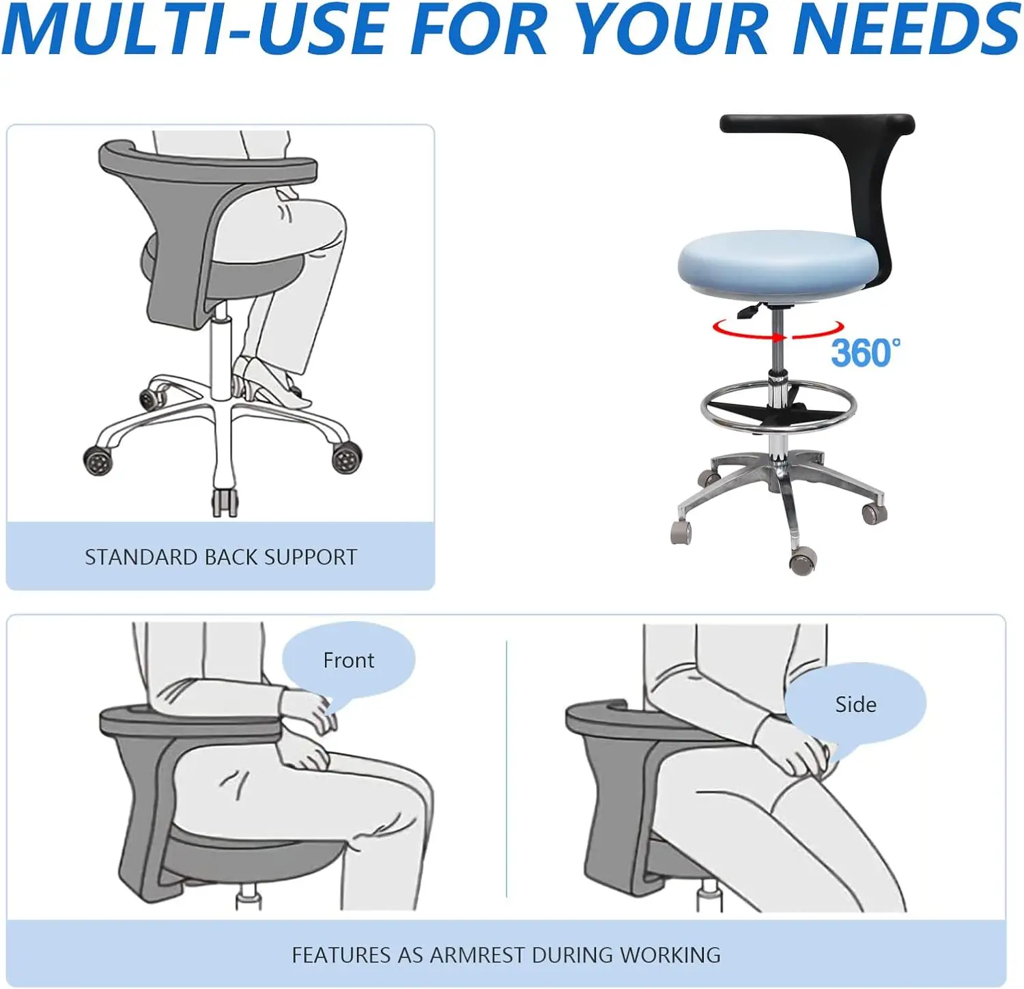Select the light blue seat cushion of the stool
click(x=778, y=263)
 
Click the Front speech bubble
click(x=348, y=660)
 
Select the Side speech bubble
click(x=855, y=704)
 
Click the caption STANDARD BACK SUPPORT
click(x=221, y=557)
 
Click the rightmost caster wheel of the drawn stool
click(x=346, y=457)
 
